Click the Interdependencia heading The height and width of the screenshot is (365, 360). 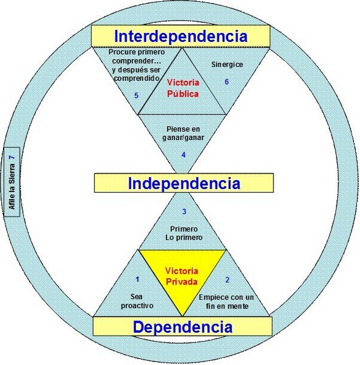pyautogui.click(x=181, y=37)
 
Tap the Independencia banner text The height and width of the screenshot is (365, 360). pyautogui.click(x=184, y=183)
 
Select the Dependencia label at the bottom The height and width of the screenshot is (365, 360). pyautogui.click(x=182, y=327)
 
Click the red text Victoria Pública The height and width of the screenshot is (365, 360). pyautogui.click(x=183, y=88)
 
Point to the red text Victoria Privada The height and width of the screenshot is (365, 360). pyautogui.click(x=182, y=276)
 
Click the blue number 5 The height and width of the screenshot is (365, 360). pyautogui.click(x=137, y=96)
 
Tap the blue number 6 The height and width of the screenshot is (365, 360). pyautogui.click(x=226, y=82)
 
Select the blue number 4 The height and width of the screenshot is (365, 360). pyautogui.click(x=184, y=155)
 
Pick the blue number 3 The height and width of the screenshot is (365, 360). pyautogui.click(x=184, y=211)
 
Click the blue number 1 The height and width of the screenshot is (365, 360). pyautogui.click(x=137, y=279)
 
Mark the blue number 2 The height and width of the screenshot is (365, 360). pyautogui.click(x=228, y=280)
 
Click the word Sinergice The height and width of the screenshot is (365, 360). pyautogui.click(x=227, y=65)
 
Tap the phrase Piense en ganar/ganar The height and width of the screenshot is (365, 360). pyautogui.click(x=183, y=133)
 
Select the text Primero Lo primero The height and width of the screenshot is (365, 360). pyautogui.click(x=184, y=233)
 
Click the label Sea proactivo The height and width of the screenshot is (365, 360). pyautogui.click(x=137, y=301)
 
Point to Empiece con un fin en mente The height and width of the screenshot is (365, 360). pyautogui.click(x=226, y=302)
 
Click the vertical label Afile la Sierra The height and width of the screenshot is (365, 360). pyautogui.click(x=12, y=186)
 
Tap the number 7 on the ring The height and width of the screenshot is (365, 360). pyautogui.click(x=12, y=157)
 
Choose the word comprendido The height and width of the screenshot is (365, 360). pyautogui.click(x=137, y=78)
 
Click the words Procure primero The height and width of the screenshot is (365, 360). pyautogui.click(x=137, y=52)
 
